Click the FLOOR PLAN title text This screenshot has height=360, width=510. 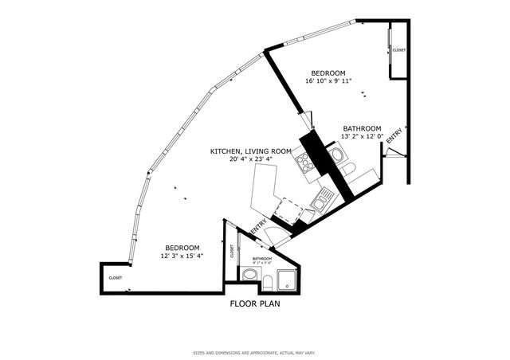click(254, 303)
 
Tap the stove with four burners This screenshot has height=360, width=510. click(304, 164)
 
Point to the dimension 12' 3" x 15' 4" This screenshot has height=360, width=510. click(182, 256)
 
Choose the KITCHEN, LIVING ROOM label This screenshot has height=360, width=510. click(250, 151)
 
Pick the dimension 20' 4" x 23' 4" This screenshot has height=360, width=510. click(250, 159)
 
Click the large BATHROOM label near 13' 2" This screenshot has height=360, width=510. click(362, 128)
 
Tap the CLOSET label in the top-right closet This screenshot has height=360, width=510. click(399, 50)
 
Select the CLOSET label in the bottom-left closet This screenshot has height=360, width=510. click(116, 278)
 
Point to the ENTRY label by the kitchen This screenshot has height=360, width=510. click(258, 228)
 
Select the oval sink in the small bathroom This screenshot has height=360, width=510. click(249, 275)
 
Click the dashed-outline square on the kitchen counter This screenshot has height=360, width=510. click(284, 209)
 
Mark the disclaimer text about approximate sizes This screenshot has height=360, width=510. click(254, 352)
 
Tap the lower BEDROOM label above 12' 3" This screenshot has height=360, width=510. click(182, 247)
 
